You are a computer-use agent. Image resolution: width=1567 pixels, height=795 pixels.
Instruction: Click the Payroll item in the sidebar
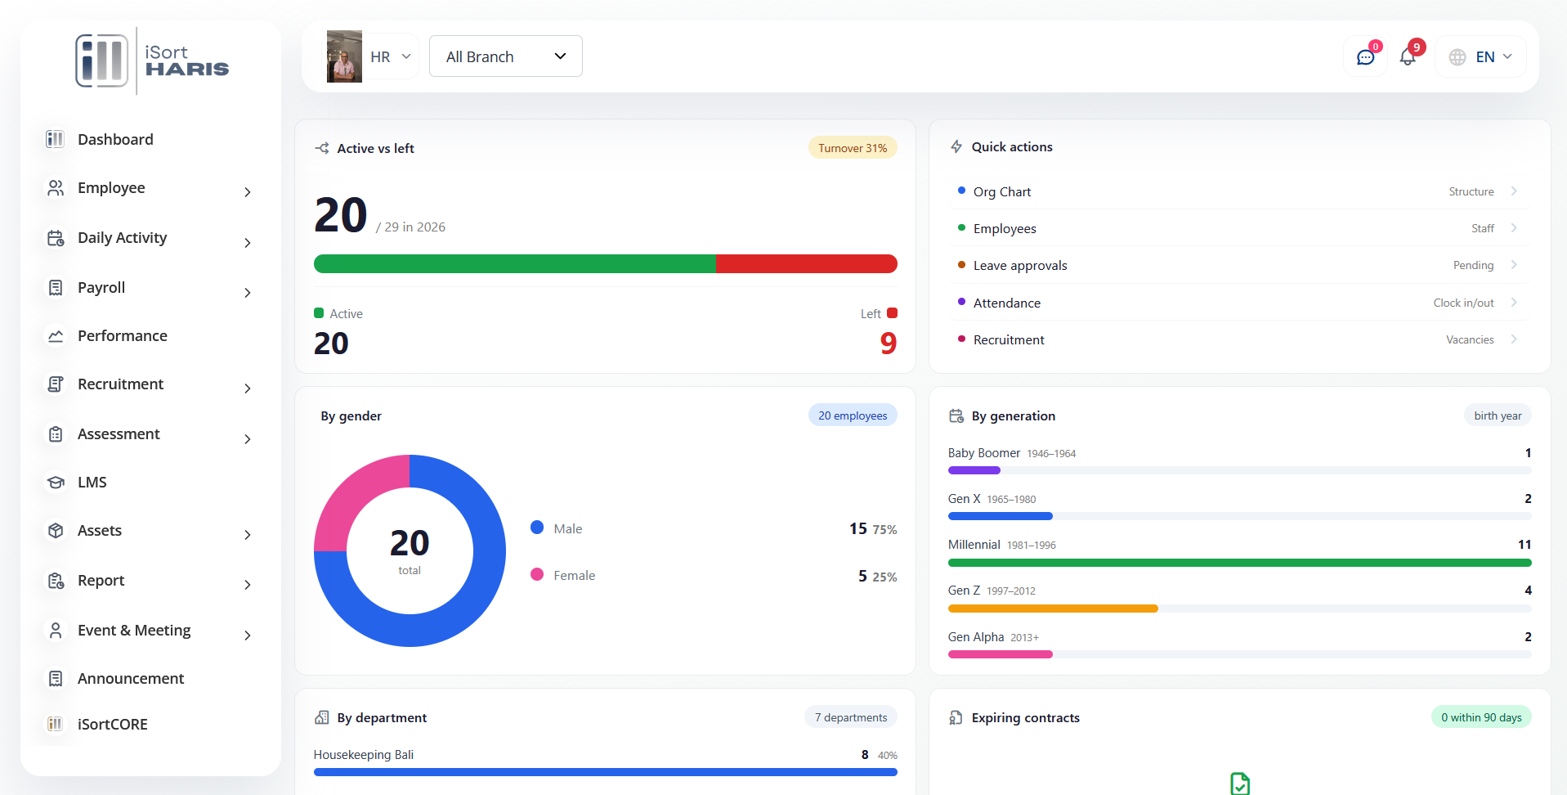pyautogui.click(x=101, y=288)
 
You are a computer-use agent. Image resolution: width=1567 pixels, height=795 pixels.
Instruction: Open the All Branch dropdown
pyautogui.click(x=505, y=56)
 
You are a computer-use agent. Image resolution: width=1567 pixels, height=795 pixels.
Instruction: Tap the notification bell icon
pyautogui.click(x=1408, y=56)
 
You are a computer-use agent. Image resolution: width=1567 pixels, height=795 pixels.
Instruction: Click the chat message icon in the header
pyautogui.click(x=1365, y=57)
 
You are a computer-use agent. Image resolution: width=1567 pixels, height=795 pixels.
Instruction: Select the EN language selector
pyautogui.click(x=1480, y=56)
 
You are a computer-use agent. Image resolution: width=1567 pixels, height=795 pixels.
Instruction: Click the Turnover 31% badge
pyautogui.click(x=853, y=148)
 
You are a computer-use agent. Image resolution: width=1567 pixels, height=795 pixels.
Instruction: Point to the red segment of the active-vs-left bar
pyautogui.click(x=806, y=263)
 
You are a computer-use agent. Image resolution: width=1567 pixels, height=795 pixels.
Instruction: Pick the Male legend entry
pyautogui.click(x=567, y=529)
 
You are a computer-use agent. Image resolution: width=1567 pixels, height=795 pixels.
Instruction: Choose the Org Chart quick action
pyautogui.click(x=1001, y=191)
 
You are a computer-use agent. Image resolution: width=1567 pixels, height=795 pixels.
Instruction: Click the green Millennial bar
pyautogui.click(x=1239, y=563)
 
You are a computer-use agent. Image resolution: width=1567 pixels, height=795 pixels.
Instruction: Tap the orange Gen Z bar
pyautogui.click(x=1053, y=609)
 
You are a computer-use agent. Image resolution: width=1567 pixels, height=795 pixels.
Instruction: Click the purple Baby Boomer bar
pyautogui.click(x=974, y=470)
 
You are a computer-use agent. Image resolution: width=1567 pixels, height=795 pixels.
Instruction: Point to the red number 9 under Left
pyautogui.click(x=889, y=344)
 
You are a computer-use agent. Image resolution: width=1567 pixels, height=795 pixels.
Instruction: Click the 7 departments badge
pyautogui.click(x=851, y=717)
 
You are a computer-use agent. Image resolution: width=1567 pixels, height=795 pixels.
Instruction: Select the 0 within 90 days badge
pyautogui.click(x=1481, y=717)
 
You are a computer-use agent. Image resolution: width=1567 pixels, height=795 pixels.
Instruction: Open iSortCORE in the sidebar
pyautogui.click(x=113, y=725)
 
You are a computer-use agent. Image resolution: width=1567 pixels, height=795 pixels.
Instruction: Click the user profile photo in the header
pyautogui.click(x=344, y=56)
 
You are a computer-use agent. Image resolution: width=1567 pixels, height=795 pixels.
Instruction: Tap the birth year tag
pyautogui.click(x=1498, y=415)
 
